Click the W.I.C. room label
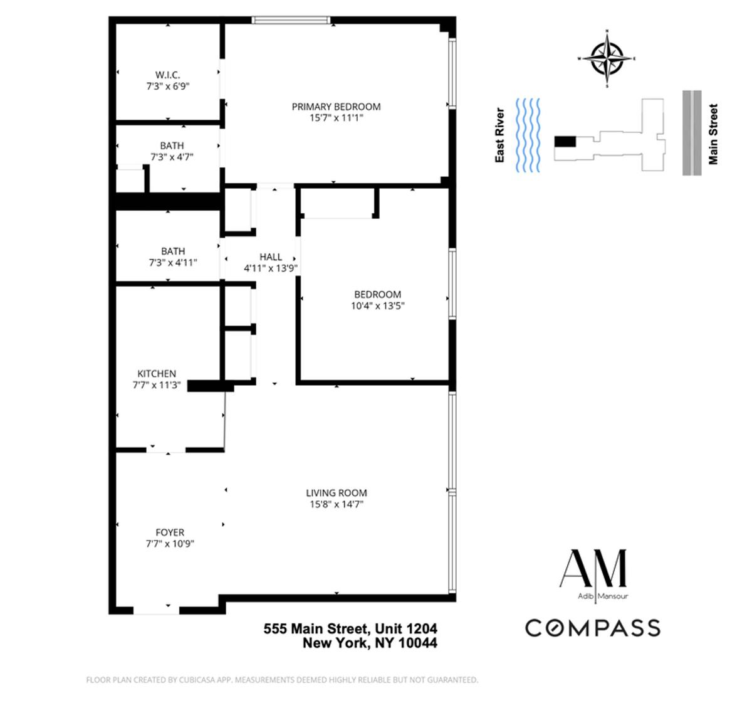168,75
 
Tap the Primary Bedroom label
336,107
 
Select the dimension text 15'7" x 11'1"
336,118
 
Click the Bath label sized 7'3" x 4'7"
172,145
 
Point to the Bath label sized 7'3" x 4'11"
173,251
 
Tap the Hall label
271,256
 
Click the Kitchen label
157,374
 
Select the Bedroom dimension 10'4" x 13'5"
377,306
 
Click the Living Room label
337,493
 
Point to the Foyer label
170,532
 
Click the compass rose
607,58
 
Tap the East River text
499,135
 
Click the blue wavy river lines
528,135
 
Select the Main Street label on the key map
713,134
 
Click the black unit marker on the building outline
565,141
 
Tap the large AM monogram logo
593,569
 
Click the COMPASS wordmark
593,628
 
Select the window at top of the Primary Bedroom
291,20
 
